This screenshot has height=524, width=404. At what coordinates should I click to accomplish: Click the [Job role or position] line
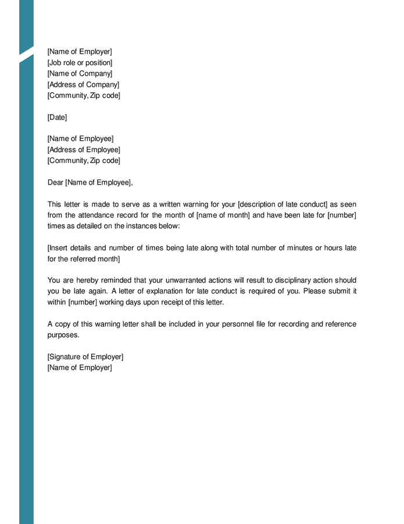(x=80, y=63)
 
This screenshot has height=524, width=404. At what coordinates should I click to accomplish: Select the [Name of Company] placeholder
(x=80, y=74)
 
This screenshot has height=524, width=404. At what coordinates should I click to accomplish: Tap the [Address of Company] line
(x=83, y=84)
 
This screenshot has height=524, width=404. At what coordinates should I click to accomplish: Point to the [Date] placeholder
(x=57, y=118)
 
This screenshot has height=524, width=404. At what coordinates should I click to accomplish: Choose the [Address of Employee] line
(x=84, y=150)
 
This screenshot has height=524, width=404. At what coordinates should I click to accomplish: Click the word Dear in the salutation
(x=55, y=183)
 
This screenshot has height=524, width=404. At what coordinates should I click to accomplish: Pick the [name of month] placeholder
(x=223, y=215)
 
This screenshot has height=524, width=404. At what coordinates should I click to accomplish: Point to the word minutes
(x=296, y=248)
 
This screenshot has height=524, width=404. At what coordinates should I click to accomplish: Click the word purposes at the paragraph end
(x=62, y=335)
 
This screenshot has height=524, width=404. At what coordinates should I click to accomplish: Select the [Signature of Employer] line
(x=85, y=357)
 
